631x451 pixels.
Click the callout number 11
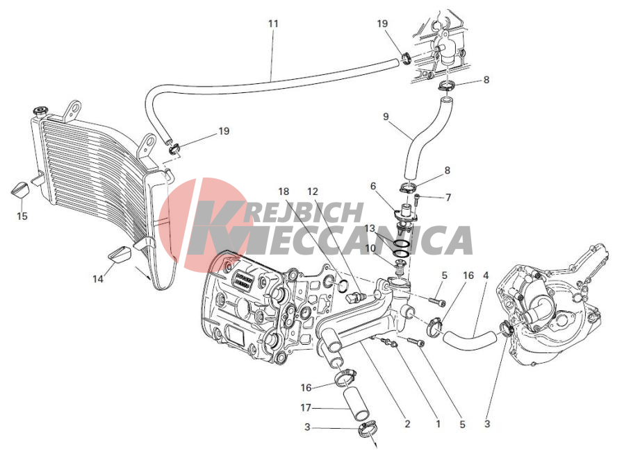(273, 24)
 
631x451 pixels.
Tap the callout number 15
(22, 216)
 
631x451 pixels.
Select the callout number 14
(98, 278)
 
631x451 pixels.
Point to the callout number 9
(386, 117)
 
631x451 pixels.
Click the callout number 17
(306, 407)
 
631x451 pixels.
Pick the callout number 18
(284, 192)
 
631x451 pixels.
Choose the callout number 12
(313, 192)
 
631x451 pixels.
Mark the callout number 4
(486, 275)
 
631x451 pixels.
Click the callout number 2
(407, 424)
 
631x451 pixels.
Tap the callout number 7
(448, 197)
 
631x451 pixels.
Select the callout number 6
(373, 186)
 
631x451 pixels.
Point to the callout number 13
(370, 228)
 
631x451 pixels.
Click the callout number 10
(370, 248)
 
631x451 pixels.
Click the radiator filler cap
(40, 111)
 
